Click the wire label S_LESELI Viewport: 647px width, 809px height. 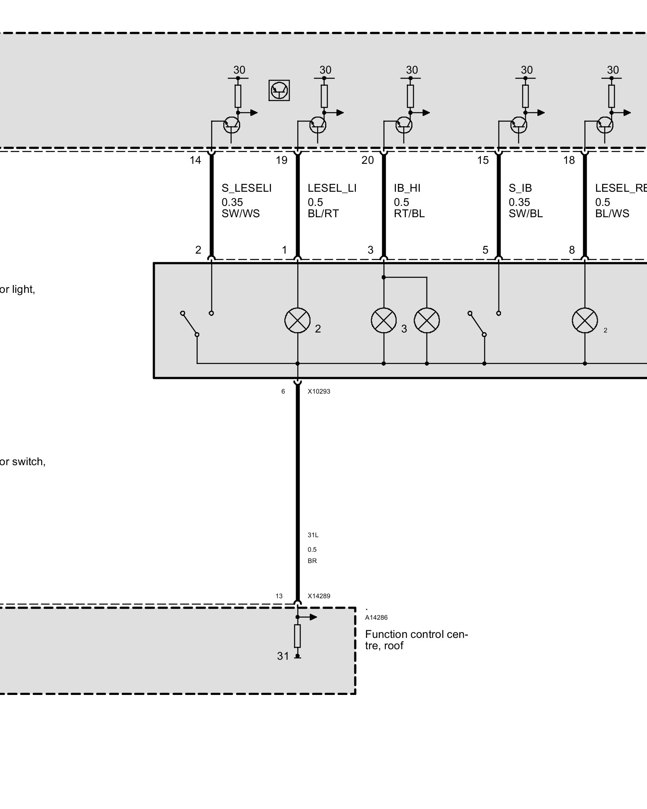[246, 188]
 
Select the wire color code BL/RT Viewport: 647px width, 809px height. [323, 214]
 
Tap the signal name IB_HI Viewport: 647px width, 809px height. [407, 188]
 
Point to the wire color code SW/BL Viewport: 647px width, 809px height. [525, 214]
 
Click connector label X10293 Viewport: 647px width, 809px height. [319, 392]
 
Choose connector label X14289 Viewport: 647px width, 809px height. [319, 596]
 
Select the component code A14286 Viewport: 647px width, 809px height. [376, 618]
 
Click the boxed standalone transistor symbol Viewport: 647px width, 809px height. [279, 90]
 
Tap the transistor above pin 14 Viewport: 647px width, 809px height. [231, 125]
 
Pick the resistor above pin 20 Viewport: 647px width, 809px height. [410, 96]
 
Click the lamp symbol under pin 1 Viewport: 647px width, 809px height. [298, 320]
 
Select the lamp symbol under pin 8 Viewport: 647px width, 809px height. [585, 320]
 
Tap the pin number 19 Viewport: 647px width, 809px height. [281, 161]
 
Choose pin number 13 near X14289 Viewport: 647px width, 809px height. [279, 596]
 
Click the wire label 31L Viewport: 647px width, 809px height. [313, 535]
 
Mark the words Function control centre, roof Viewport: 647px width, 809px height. [416, 640]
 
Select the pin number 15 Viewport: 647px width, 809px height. [483, 161]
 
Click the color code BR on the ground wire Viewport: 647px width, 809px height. [312, 561]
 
